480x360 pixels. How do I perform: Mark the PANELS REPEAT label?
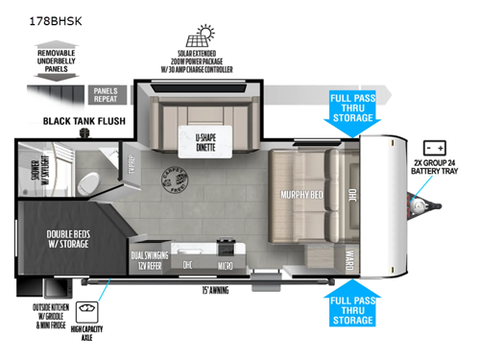point(105,94)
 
